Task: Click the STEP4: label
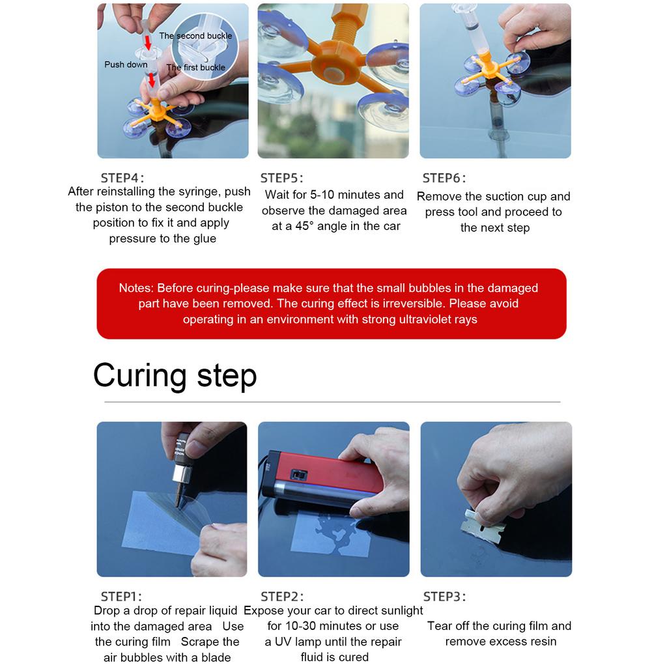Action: coord(122,178)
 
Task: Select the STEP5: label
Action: coord(282,178)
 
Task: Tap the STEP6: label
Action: coord(444,178)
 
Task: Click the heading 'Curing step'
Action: coord(175,376)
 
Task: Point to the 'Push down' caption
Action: coord(126,64)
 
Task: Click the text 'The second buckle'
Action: coord(195,36)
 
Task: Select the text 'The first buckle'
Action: coord(195,67)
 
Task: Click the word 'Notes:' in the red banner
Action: coord(136,288)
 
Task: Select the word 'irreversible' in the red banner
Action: coord(410,304)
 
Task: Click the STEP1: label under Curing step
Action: coord(121,596)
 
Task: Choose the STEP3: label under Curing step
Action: coord(444,596)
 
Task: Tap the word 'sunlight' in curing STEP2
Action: coord(397,610)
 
